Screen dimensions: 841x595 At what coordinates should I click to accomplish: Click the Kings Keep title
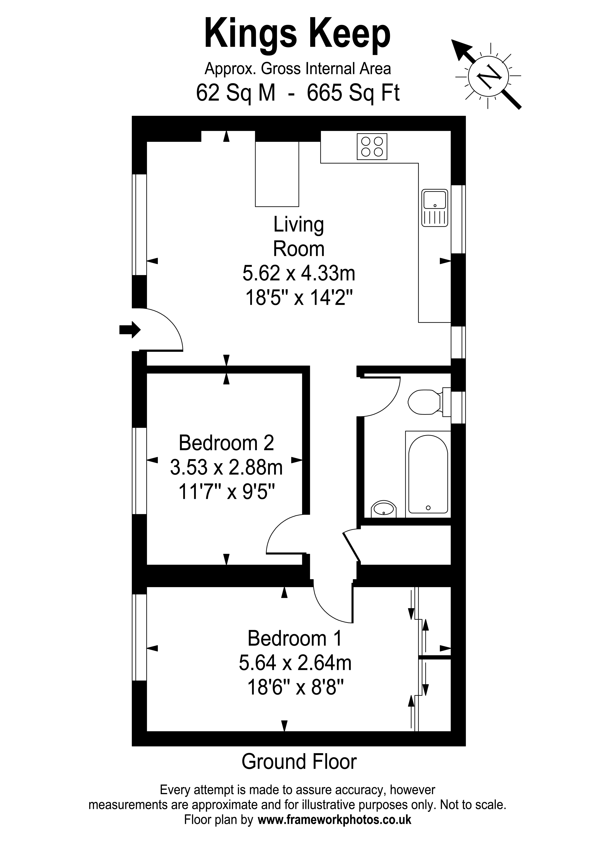(297, 34)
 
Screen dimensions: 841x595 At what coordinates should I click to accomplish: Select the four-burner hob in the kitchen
(372, 147)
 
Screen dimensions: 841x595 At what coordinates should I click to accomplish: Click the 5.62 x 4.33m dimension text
(299, 273)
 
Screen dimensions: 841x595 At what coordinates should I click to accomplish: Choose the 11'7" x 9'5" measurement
(226, 492)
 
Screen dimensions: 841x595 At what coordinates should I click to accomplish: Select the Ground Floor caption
(299, 762)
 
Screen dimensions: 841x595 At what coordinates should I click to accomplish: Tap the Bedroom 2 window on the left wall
(139, 471)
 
